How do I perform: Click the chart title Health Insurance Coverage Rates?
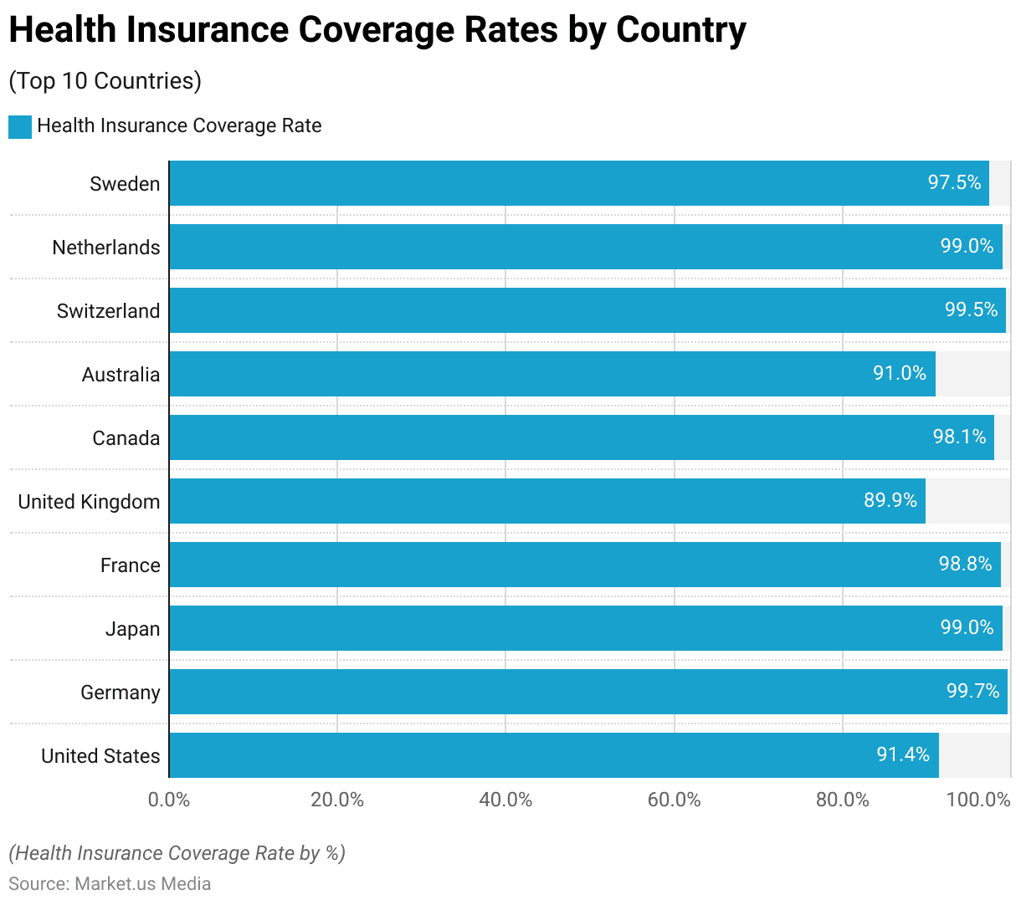point(377,30)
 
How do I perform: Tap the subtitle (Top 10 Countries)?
point(105,81)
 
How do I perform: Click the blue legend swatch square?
point(20,127)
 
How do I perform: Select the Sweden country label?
point(125,184)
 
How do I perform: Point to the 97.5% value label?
point(954,182)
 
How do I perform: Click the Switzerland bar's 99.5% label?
point(971,309)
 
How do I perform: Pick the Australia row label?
point(121,375)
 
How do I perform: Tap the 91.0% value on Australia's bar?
point(900,373)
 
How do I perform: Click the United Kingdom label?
point(89,502)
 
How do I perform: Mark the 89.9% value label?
point(890,500)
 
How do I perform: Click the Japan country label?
point(132,629)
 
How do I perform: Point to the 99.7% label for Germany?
point(972,691)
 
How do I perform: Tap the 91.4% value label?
point(903,754)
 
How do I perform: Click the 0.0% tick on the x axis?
point(169,800)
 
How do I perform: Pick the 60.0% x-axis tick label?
point(674,800)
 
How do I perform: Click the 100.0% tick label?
point(977,800)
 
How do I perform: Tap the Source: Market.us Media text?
point(110,884)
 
